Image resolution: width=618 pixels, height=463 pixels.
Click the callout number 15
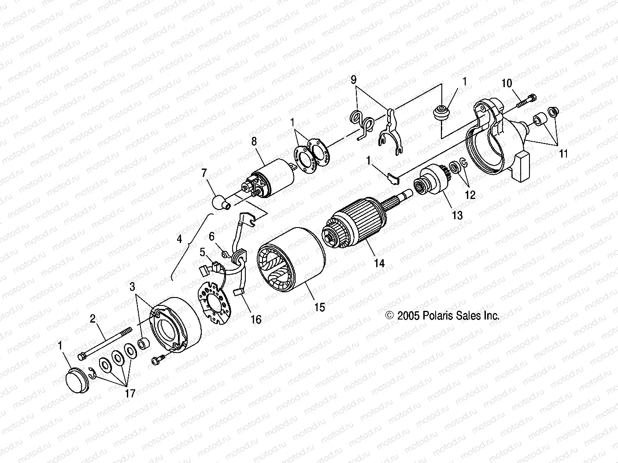(320, 307)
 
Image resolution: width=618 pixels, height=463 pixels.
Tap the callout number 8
(254, 142)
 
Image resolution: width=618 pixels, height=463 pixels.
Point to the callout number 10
(507, 83)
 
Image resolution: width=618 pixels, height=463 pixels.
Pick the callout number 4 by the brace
(179, 239)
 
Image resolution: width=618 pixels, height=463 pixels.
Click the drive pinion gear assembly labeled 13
(432, 180)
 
